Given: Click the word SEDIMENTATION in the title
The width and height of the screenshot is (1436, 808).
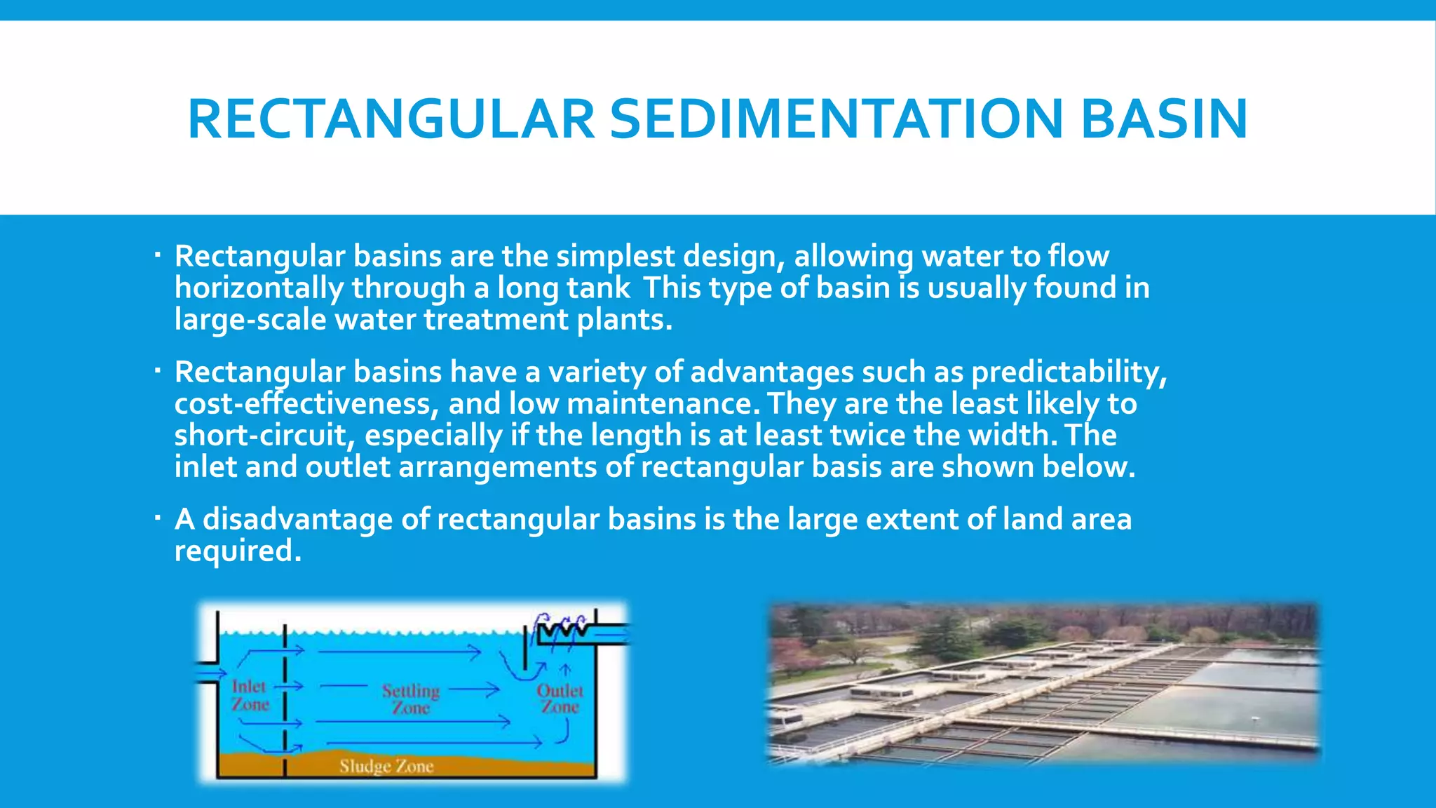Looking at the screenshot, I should [837, 119].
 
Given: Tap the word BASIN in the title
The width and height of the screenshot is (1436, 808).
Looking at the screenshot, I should [1164, 119].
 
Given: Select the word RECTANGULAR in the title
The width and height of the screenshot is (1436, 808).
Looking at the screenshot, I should [391, 119].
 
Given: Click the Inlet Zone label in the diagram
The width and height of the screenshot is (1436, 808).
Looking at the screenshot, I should [250, 695].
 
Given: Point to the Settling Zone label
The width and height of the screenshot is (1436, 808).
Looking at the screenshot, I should [411, 699].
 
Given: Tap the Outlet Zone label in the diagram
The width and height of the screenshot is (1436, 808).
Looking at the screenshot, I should [560, 699].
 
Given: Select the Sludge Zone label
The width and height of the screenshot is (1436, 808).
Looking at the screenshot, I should [386, 766].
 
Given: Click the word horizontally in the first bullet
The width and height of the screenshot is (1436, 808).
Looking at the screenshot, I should [259, 288].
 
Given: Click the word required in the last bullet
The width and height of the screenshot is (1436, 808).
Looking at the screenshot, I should [237, 551].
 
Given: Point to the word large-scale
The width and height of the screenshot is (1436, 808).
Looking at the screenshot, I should [250, 320].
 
